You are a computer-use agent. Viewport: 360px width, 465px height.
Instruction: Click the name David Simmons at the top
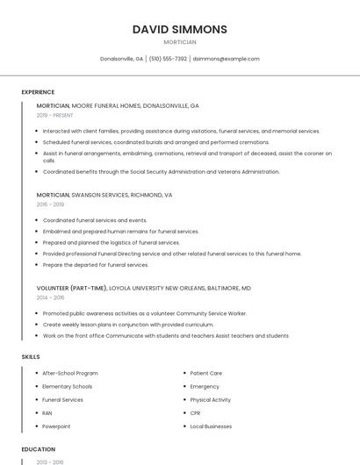(180, 29)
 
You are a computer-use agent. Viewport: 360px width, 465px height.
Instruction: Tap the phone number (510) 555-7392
(168, 59)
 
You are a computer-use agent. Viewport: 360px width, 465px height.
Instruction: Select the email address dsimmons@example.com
(226, 59)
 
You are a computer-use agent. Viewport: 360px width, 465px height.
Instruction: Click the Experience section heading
(38, 92)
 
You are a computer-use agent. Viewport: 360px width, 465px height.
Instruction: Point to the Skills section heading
(31, 357)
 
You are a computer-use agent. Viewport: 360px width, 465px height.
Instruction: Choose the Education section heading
(39, 449)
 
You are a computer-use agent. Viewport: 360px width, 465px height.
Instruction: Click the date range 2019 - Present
(54, 115)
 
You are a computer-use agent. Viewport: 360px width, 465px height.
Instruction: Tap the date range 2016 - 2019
(50, 204)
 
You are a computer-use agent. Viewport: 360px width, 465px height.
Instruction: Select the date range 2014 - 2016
(50, 297)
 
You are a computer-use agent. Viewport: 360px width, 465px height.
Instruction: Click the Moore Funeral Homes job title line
(118, 105)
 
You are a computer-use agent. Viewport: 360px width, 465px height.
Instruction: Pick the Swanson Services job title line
(104, 195)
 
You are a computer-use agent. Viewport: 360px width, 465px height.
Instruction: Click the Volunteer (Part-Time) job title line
(143, 288)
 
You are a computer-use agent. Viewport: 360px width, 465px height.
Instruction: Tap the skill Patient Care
(205, 373)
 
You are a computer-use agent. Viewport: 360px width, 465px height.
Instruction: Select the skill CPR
(195, 412)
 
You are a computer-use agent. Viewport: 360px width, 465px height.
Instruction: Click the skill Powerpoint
(56, 426)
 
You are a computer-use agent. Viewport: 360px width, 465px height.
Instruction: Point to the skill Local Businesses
(211, 426)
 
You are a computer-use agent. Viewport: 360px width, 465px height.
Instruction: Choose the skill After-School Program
(70, 373)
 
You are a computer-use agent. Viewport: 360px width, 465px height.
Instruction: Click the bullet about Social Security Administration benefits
(161, 172)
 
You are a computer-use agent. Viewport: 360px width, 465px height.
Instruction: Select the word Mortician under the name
(180, 42)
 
